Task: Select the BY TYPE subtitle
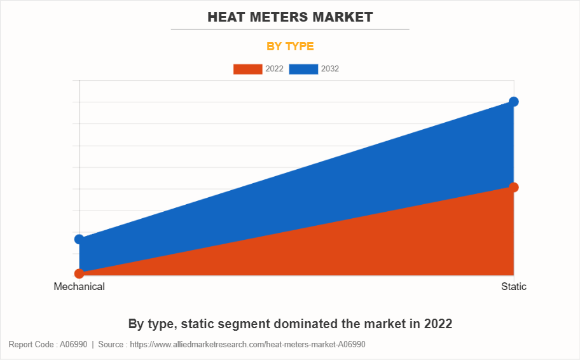289,46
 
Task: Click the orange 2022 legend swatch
247,69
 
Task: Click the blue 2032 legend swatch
303,69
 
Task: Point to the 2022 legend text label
274,69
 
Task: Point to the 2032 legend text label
330,69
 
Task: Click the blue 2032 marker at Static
514,102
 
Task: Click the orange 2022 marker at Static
514,187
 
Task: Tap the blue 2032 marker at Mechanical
79,239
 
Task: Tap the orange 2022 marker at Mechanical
79,273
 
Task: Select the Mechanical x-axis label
79,287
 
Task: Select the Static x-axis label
514,287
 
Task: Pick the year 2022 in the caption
437,324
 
